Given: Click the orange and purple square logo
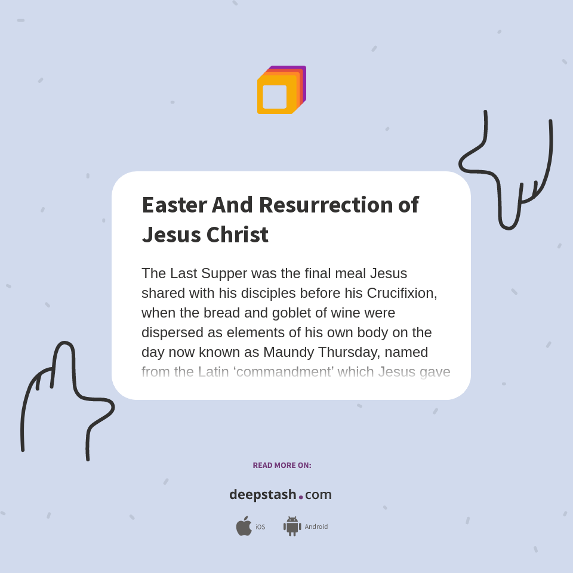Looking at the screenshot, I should tap(281, 90).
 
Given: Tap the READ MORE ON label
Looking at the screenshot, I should tap(282, 465).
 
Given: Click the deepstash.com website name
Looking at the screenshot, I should tap(281, 495).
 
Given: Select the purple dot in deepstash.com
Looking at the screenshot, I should tap(301, 497).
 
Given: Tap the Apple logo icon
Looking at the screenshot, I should tap(244, 526).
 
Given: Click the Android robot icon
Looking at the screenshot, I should tap(292, 526).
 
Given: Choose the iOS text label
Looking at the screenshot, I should tap(260, 527).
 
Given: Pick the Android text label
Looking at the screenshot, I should tap(316, 527).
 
